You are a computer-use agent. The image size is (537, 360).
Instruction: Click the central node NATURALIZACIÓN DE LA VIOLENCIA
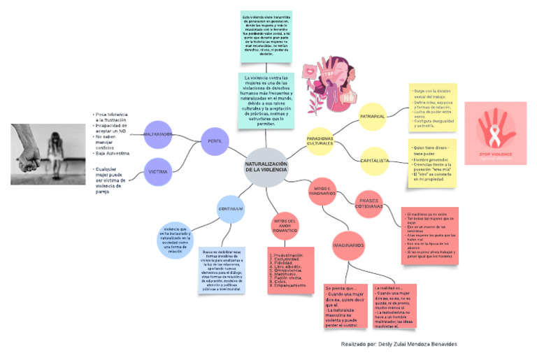point(266,167)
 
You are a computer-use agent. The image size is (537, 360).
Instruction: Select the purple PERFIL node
point(215,141)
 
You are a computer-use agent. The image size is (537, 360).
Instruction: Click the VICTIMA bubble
point(157,171)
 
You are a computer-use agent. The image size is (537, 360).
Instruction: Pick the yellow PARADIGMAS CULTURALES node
point(320,141)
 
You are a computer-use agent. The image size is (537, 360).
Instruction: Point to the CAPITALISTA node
point(374,160)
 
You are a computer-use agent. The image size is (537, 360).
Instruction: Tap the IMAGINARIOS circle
point(348,245)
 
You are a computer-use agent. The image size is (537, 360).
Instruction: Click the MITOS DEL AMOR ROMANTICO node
point(285,226)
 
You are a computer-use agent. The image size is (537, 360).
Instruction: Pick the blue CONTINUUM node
point(230,209)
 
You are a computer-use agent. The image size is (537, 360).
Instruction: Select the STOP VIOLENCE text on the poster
point(495,152)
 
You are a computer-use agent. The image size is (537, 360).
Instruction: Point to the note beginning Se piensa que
point(345,306)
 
